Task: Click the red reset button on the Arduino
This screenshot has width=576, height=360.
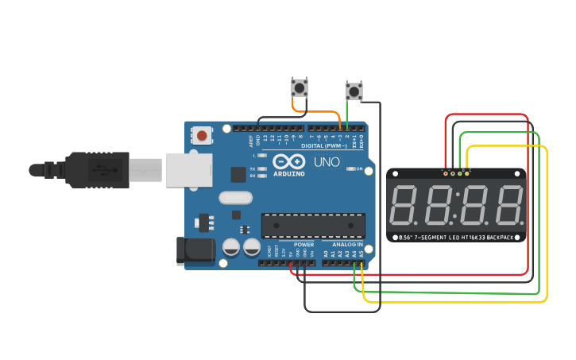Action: point(202,136)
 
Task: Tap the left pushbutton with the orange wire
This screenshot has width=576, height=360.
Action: point(300,87)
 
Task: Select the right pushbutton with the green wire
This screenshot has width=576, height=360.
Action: point(354,91)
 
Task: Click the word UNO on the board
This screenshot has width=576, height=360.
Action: point(326,162)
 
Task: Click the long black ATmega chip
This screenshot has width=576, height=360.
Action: point(313,226)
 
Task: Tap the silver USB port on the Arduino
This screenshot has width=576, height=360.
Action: point(188,170)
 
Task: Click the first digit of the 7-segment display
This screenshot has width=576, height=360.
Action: point(404,204)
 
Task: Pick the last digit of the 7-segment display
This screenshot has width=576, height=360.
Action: point(508,204)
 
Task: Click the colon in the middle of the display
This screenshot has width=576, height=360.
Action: point(456,206)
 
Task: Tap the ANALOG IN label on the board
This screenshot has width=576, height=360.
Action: point(343,244)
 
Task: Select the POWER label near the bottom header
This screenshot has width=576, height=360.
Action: point(303,244)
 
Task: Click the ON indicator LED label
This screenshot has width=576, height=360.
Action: point(360,169)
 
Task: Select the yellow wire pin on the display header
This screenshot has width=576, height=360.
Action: point(466,172)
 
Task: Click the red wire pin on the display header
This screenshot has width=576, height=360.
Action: point(445,172)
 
